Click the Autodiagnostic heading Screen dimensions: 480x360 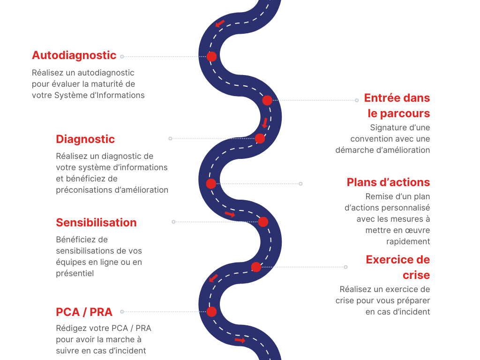point(74,55)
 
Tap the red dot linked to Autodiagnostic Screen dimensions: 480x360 point(211,56)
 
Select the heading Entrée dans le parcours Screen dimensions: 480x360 point(397,105)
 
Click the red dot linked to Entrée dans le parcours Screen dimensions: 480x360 point(267,100)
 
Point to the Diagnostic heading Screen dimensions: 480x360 point(85,139)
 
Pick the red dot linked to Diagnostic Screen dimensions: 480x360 point(260,138)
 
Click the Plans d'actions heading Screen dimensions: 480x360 point(389,182)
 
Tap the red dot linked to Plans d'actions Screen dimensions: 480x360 point(211,184)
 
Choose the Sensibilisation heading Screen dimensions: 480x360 point(97,223)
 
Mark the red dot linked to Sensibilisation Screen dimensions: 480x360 point(263,222)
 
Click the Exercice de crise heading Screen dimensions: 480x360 point(398,267)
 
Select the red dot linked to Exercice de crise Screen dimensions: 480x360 point(256,267)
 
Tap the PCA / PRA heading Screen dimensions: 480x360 point(84,312)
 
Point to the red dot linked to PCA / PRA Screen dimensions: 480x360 point(211,312)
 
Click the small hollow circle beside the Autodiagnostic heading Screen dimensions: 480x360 point(122,56)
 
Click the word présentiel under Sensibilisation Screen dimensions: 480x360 point(75,273)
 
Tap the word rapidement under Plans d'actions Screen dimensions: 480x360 point(408,241)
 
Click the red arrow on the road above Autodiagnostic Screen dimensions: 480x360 point(220,23)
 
